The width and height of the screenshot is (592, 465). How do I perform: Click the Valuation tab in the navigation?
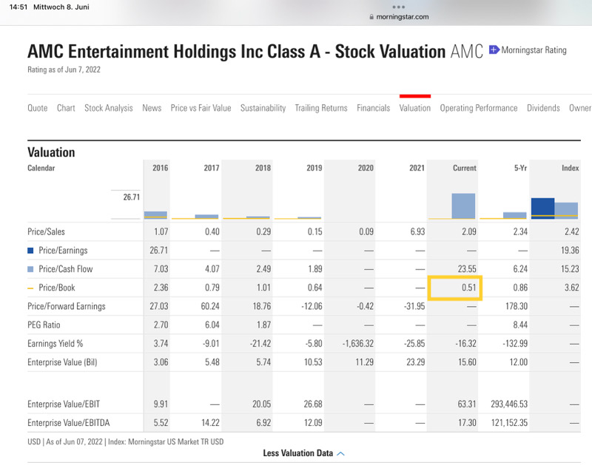(x=414, y=108)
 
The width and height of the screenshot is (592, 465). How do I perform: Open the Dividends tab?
(x=543, y=108)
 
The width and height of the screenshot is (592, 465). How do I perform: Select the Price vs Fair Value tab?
(x=201, y=108)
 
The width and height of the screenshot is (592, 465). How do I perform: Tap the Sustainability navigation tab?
(x=263, y=108)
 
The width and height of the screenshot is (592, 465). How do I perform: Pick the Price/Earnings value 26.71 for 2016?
(x=158, y=250)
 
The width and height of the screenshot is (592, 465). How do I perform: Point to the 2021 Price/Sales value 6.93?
(x=417, y=231)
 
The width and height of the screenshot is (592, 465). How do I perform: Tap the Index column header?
(x=570, y=168)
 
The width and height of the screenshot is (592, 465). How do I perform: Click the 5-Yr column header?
(x=520, y=168)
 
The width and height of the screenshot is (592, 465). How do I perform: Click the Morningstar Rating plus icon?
(x=494, y=50)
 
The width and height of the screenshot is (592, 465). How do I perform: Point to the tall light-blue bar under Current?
(x=463, y=206)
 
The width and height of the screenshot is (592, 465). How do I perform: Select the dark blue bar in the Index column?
(x=542, y=208)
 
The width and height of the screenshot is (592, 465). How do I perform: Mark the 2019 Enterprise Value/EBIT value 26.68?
(x=314, y=404)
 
